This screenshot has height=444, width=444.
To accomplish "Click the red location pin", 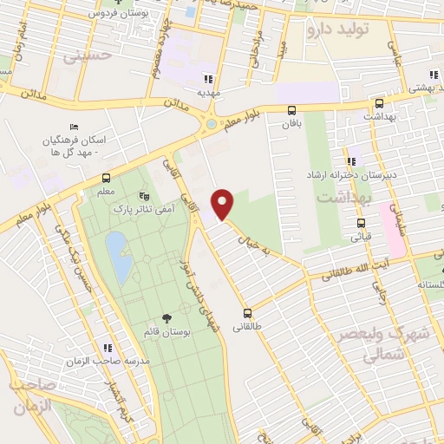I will coord(224,204).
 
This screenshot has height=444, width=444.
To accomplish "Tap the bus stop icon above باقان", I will coord(291,110).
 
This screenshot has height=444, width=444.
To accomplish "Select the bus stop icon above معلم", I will coord(106,180).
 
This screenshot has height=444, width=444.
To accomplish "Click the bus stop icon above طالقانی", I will coord(248,314).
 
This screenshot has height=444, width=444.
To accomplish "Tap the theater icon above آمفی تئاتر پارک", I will coord(143,196).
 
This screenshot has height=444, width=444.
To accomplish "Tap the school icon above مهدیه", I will coord(207,77).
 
